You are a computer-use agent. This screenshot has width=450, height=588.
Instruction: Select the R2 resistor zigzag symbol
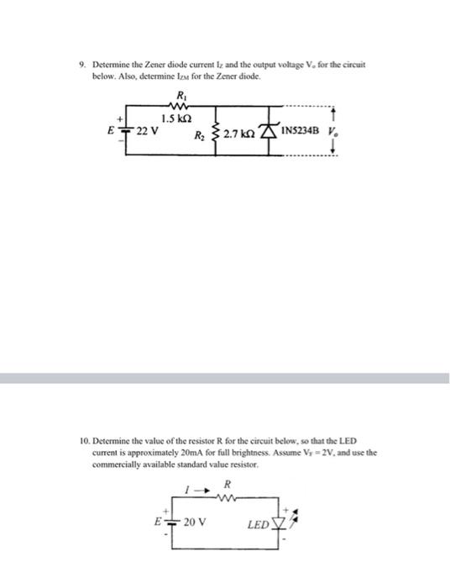click(x=220, y=133)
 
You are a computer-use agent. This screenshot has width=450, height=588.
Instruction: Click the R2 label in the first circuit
click(x=200, y=134)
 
